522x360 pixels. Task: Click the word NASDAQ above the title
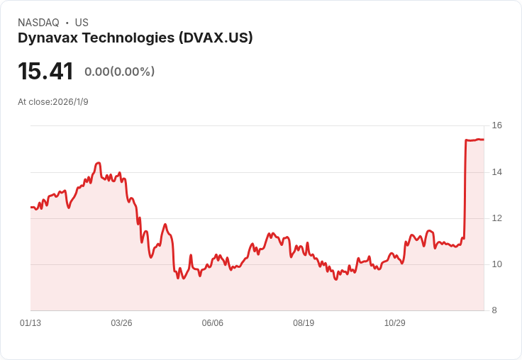point(38,23)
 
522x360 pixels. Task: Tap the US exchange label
point(82,23)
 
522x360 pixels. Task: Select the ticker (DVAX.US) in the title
point(216,38)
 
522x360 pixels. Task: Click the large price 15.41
point(45,71)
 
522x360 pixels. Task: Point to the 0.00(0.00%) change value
point(120,72)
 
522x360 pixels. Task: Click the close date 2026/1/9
point(71,102)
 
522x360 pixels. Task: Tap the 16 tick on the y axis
point(497,125)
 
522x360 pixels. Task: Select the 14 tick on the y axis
point(497,172)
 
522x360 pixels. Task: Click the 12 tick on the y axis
point(497,218)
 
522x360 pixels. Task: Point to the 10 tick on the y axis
point(497,264)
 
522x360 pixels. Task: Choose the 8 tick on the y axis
point(494,310)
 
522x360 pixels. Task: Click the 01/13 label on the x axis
point(30,323)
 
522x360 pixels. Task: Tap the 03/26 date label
point(121,323)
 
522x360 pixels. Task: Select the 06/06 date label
point(212,323)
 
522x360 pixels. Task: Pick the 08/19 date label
point(304,323)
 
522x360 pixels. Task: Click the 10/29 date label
point(395,323)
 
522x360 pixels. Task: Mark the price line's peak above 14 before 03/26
point(98,163)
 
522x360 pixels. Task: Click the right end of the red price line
point(484,140)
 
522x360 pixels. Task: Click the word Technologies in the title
point(128,38)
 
